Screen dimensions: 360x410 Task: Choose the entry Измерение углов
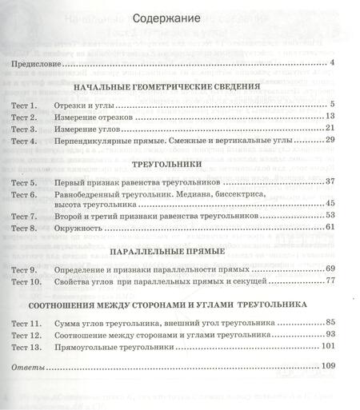[x=98, y=129]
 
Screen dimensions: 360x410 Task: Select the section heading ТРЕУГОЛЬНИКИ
[x=174, y=165]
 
